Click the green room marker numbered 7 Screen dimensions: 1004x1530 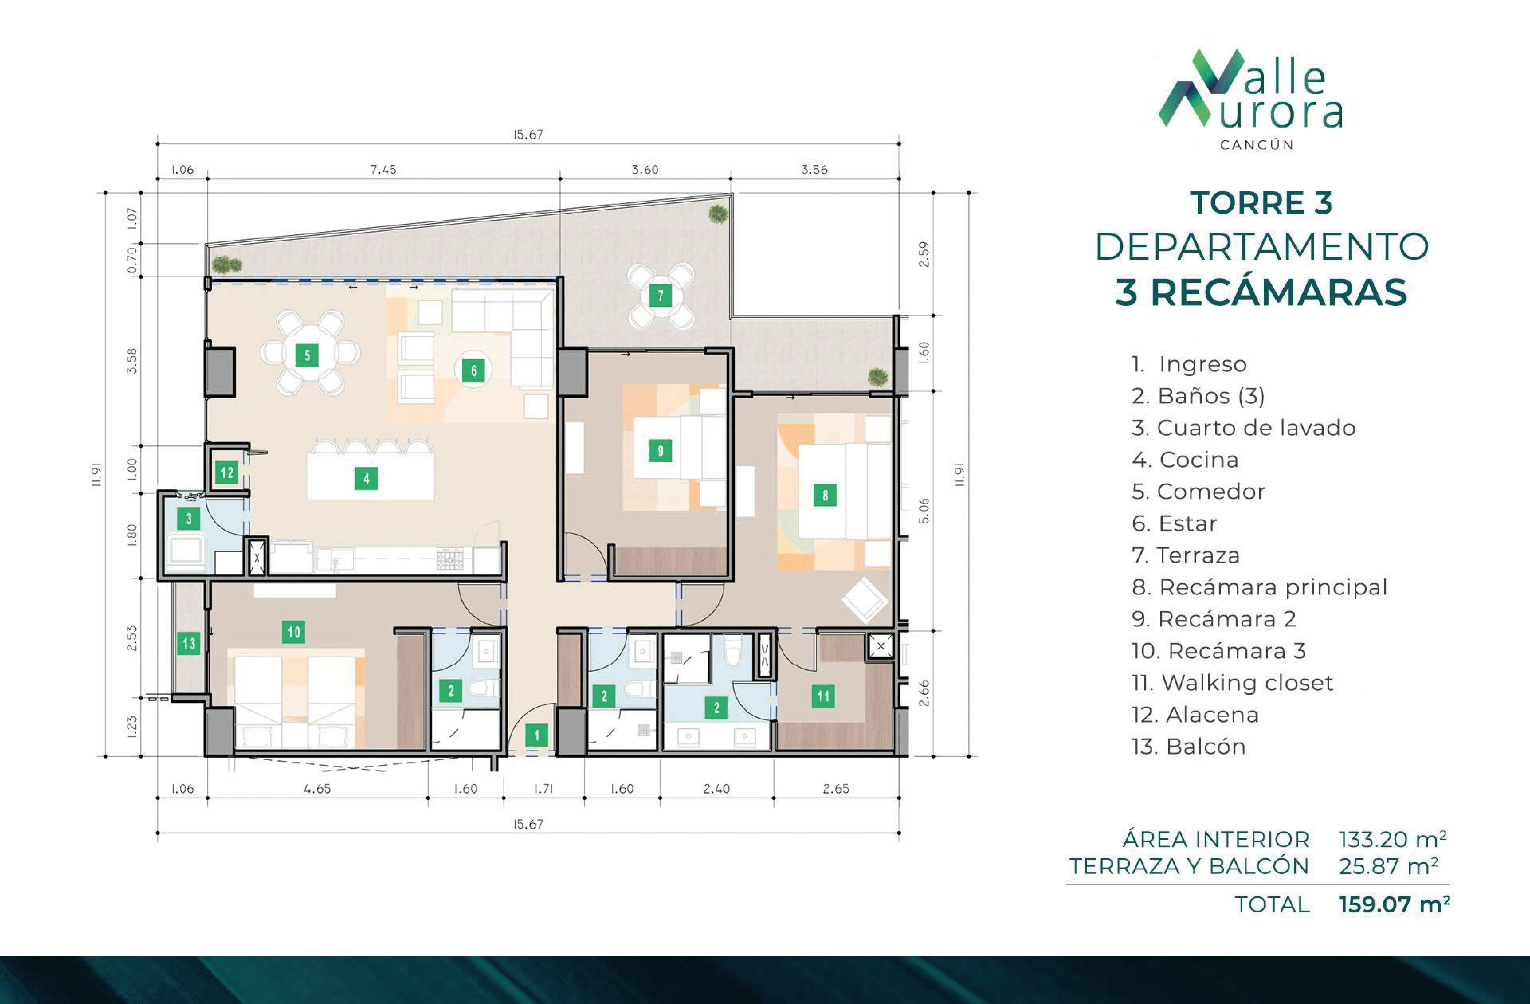click(x=660, y=296)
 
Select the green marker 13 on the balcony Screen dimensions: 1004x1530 click(x=188, y=643)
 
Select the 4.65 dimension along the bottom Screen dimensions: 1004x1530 click(x=317, y=789)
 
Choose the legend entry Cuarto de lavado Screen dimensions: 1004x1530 click(x=1243, y=427)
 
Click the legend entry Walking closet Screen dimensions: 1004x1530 click(x=1232, y=683)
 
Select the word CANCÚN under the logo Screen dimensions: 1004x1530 click(x=1257, y=145)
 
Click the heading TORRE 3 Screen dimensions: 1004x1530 click(x=1261, y=203)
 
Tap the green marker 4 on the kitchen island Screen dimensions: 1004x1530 click(x=366, y=478)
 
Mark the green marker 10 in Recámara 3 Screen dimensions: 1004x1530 click(x=294, y=632)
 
